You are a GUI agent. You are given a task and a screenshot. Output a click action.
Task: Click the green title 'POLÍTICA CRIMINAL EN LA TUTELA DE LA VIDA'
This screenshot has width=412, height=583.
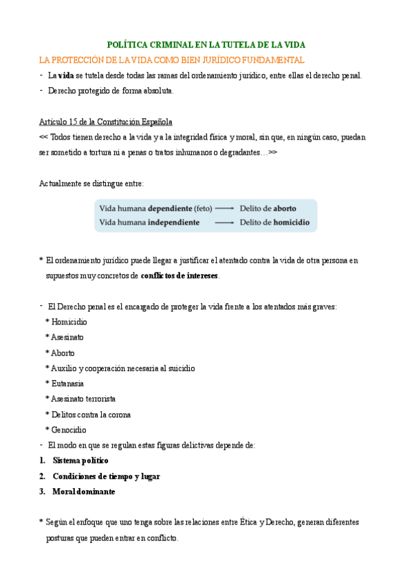pyautogui.click(x=206, y=44)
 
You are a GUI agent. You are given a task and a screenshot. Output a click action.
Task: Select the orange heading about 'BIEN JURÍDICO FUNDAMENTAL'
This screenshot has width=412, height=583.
pyautogui.click(x=172, y=60)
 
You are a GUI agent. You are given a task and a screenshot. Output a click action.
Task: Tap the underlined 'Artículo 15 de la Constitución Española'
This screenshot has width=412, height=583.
pyautogui.click(x=106, y=122)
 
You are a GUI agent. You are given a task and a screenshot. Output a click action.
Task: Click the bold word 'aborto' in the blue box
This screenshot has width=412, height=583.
pyautogui.click(x=285, y=208)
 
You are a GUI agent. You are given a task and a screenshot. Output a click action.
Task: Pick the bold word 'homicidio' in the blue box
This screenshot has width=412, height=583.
pyautogui.click(x=291, y=223)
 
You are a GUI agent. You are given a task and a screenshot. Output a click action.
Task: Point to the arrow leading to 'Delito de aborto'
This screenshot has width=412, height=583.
pyautogui.click(x=224, y=208)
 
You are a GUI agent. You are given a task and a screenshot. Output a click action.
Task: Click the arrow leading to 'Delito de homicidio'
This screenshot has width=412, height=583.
pyautogui.click(x=224, y=223)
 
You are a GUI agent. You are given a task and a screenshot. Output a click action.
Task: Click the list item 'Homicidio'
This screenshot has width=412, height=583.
pyautogui.click(x=69, y=322)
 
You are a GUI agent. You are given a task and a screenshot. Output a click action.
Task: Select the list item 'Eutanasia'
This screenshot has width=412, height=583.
pyautogui.click(x=67, y=384)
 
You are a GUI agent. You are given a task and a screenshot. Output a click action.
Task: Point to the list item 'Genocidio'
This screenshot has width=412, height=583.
pyautogui.click(x=69, y=430)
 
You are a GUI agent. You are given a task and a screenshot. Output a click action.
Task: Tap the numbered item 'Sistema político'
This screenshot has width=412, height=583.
pyautogui.click(x=80, y=461)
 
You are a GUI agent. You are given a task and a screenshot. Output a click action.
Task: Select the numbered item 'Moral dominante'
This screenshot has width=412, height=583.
pyautogui.click(x=84, y=492)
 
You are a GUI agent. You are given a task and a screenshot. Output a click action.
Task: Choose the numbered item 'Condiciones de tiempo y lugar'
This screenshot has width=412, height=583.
pyautogui.click(x=106, y=476)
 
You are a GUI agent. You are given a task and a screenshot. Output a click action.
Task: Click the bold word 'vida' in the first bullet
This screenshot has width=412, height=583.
pyautogui.click(x=66, y=76)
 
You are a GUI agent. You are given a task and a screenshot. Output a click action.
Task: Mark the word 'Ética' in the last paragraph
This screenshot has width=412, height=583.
pyautogui.click(x=246, y=522)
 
